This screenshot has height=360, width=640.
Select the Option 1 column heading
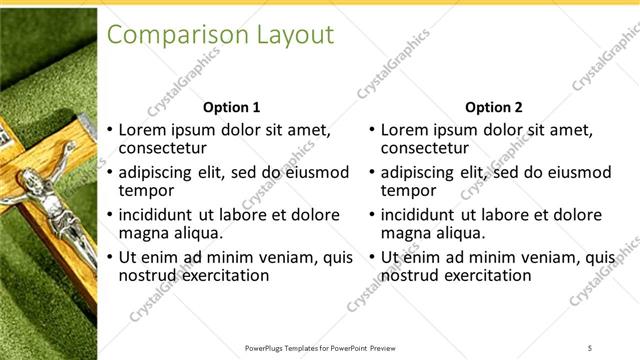click(x=231, y=107)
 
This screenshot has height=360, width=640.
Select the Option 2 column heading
click(x=494, y=107)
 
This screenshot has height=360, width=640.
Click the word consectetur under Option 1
click(x=165, y=148)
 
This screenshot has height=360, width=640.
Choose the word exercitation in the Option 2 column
click(x=488, y=275)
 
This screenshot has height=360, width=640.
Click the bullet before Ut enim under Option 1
click(x=110, y=258)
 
